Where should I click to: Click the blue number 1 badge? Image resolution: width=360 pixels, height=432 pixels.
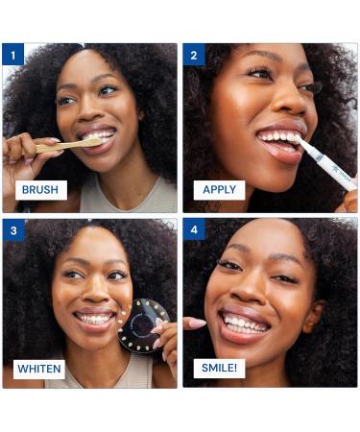pos(12,55)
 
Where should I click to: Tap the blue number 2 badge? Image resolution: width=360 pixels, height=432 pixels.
pos(194,55)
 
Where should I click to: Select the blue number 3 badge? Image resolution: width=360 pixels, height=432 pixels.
pos(13,230)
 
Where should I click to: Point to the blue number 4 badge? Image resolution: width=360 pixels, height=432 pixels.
pos(194,229)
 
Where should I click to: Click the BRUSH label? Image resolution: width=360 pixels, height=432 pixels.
pos(41,190)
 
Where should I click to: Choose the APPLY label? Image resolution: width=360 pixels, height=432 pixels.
pos(219,190)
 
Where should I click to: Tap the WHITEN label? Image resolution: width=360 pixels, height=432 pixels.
pos(39,369)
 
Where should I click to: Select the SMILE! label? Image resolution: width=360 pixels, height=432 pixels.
pos(219,368)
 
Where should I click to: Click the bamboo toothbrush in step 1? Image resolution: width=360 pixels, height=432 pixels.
pos(69,145)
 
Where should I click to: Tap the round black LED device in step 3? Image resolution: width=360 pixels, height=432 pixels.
pos(144,325)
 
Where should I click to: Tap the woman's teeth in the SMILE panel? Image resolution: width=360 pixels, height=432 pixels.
pos(245,324)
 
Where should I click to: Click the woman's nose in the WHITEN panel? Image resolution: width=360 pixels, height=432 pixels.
pos(95,293)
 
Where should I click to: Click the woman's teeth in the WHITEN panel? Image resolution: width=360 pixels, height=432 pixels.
pos(94,319)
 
